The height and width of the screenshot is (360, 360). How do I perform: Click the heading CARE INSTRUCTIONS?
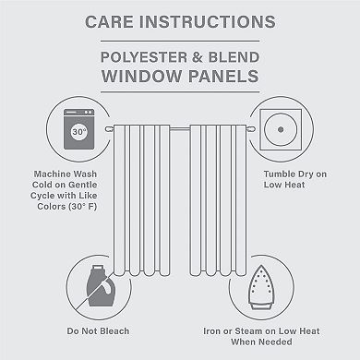(x=180, y=20)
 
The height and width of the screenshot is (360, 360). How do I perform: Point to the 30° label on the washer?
(x=54, y=130)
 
